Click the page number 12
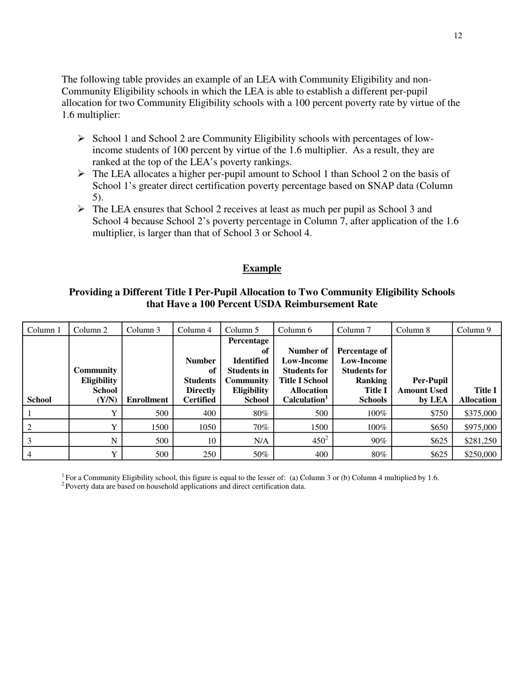(458, 36)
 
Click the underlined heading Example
(261, 268)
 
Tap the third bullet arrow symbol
(81, 209)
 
